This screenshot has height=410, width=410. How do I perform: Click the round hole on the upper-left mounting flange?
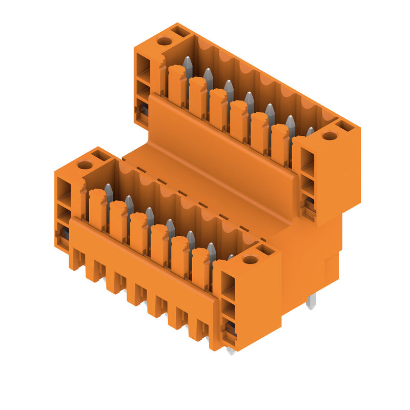point(164,41)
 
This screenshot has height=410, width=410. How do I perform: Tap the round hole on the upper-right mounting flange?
point(330,136)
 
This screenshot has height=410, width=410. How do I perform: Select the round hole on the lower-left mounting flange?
point(85,165)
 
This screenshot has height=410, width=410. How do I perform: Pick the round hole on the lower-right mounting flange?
point(250,259)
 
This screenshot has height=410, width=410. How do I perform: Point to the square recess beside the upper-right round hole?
point(345,126)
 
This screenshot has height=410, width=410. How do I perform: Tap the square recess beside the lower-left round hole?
point(101,155)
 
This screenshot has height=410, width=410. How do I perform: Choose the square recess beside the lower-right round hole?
point(266,250)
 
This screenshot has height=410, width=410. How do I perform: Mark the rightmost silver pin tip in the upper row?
point(310,132)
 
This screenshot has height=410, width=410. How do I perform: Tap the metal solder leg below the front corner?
point(231,351)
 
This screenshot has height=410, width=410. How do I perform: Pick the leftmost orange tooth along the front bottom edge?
point(76,258)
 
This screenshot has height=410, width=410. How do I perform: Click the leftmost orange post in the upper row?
point(176,85)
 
